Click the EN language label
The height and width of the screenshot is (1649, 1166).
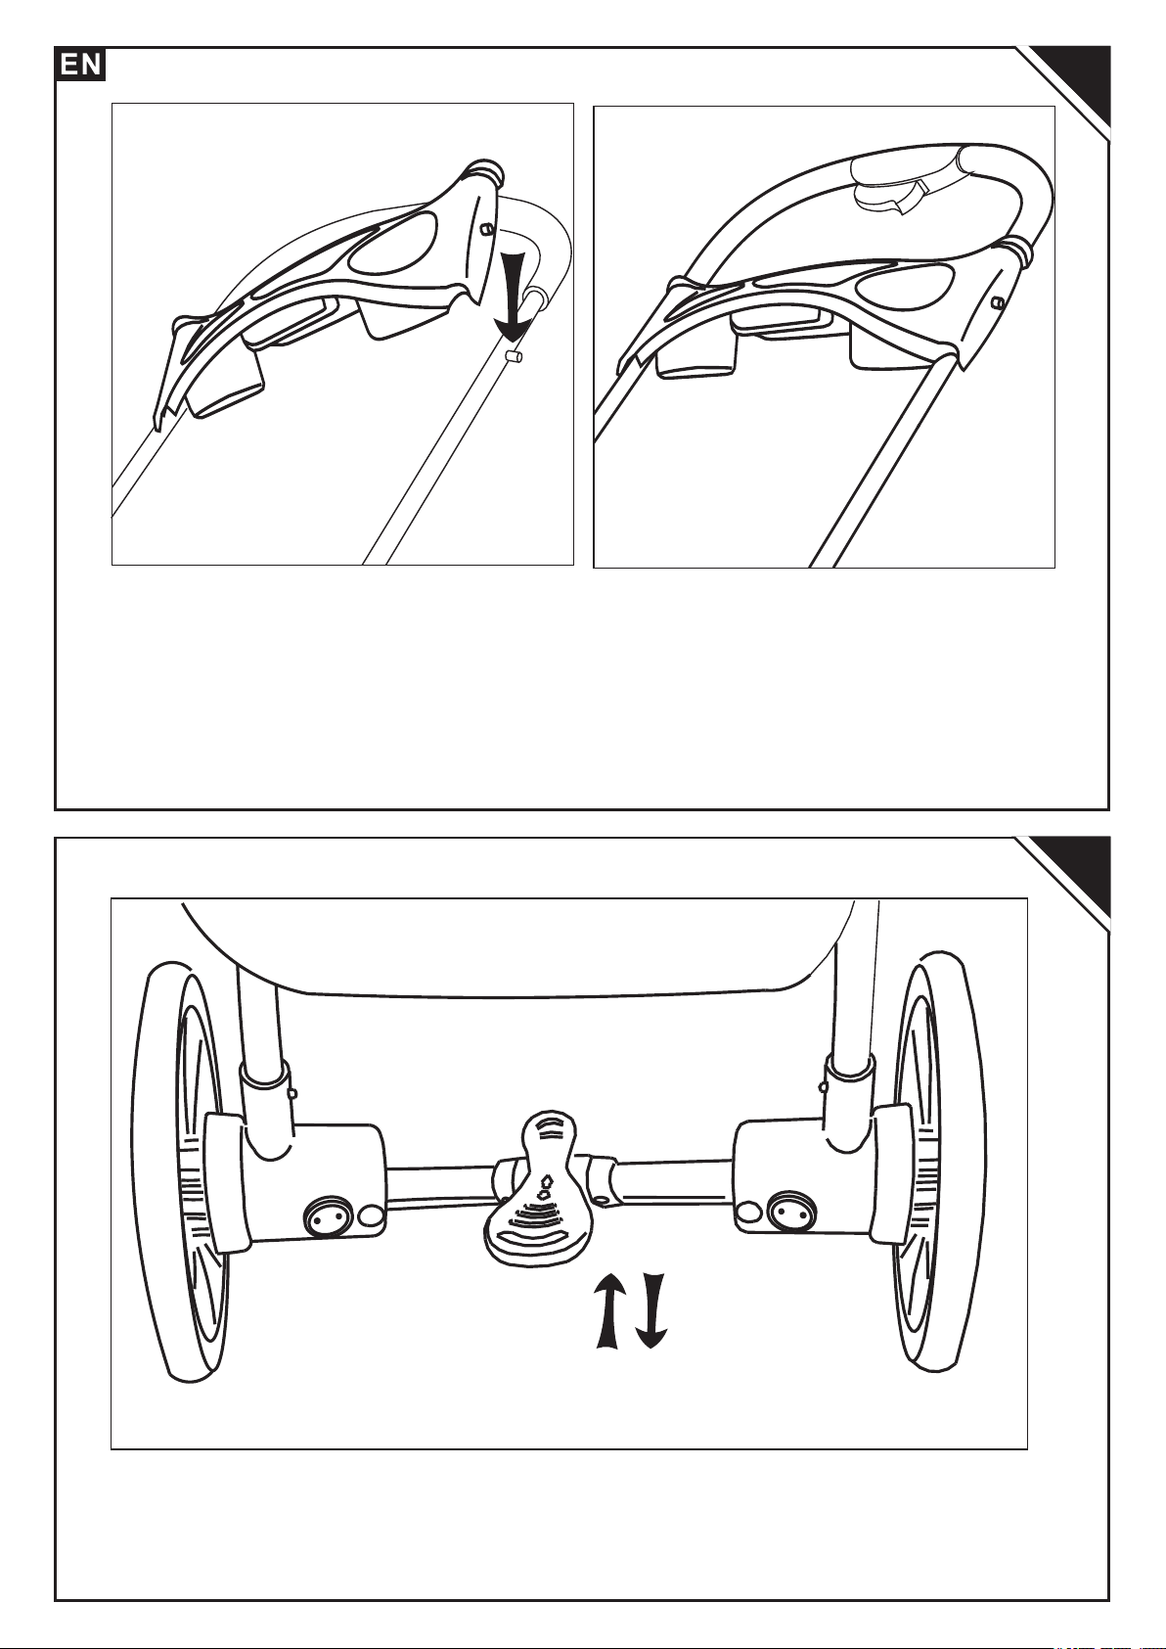point(79,66)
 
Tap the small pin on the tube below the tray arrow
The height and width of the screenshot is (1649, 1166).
point(512,359)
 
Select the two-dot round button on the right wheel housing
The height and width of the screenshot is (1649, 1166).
point(788,1212)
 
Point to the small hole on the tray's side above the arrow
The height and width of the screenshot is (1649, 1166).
point(484,228)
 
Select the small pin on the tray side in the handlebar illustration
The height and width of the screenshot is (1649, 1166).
point(997,303)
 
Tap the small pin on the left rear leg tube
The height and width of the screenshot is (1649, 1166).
point(292,1092)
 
